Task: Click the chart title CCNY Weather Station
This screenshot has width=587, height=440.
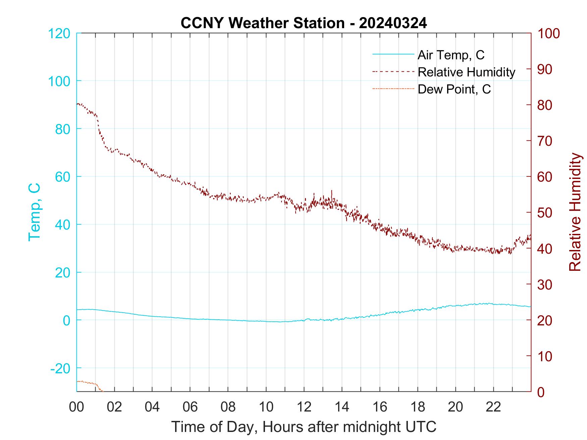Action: [262, 23]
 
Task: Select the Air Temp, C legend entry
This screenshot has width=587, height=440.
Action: [451, 55]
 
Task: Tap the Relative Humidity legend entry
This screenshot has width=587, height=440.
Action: [466, 72]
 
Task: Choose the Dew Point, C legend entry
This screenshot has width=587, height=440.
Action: [454, 89]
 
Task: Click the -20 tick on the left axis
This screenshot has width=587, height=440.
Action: [60, 368]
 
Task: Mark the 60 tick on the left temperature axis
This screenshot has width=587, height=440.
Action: [62, 177]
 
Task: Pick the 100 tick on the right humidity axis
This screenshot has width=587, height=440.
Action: [549, 34]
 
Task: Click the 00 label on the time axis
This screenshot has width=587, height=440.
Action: [76, 407]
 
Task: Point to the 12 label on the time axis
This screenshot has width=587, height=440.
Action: [304, 407]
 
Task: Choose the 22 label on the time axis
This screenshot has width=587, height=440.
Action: [493, 407]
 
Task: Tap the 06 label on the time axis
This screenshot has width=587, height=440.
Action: [190, 407]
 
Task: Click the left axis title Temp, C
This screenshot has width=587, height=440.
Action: [34, 212]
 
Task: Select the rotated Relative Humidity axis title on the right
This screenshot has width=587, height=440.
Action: [575, 212]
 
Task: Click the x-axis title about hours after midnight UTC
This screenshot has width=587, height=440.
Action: [304, 427]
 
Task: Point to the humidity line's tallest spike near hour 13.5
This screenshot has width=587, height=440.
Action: [332, 191]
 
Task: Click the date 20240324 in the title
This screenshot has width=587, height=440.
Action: [393, 23]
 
